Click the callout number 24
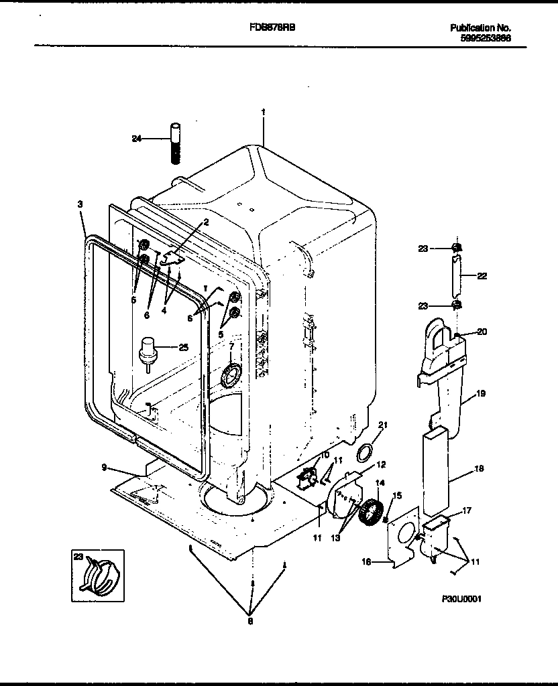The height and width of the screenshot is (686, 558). coord(137,139)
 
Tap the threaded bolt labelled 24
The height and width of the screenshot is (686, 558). coord(174,142)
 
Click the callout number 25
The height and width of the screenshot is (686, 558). coord(182,346)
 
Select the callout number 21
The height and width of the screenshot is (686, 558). coord(384,425)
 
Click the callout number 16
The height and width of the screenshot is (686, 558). coord(366,562)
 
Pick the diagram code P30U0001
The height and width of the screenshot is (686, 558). coord(462,600)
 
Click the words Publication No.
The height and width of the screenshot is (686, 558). coord(480,28)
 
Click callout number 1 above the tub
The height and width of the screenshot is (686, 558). coord(263,113)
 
